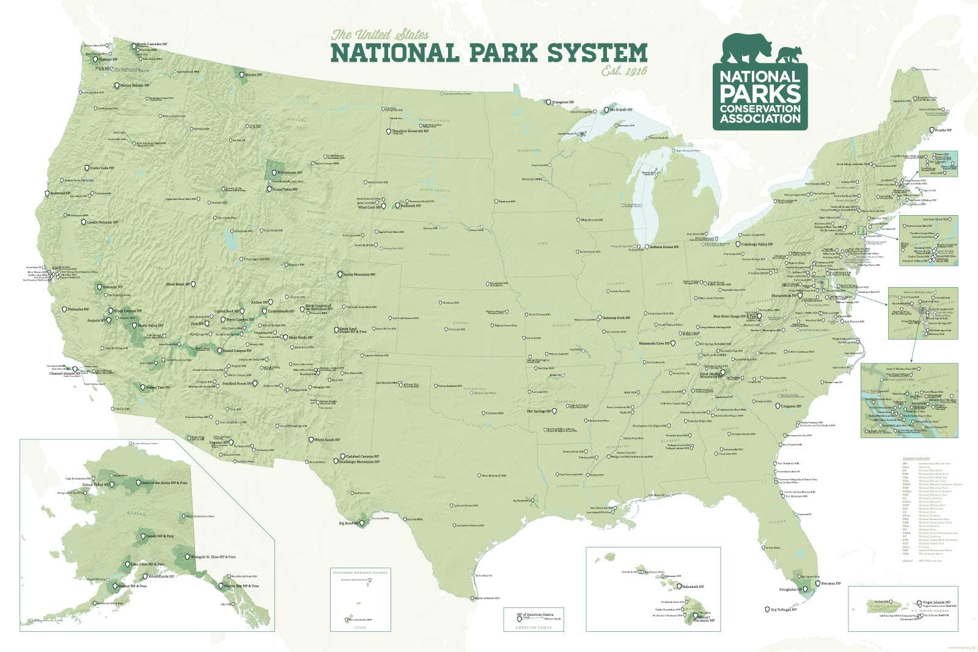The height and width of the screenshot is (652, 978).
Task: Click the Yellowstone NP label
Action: [x=290, y=173]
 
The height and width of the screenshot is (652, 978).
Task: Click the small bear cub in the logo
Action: [x=789, y=54]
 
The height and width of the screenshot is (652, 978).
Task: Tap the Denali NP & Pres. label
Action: [x=160, y=535]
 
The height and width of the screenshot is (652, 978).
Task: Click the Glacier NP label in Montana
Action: [x=254, y=75]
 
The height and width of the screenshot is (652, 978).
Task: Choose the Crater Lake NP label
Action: [x=103, y=167]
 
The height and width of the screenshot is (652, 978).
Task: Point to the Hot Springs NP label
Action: [x=539, y=411]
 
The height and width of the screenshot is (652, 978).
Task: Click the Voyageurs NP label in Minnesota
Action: [x=562, y=102]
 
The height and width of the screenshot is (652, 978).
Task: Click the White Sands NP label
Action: [x=328, y=439]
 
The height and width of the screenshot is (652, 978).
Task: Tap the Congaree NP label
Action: [x=790, y=406]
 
